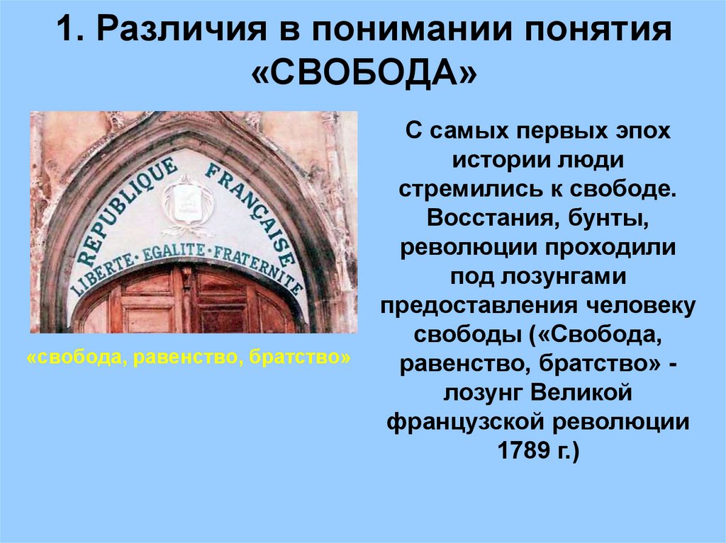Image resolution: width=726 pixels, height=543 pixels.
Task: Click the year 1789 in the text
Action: pos(525,450)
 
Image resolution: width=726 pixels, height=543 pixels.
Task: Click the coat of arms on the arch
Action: pos(186,203)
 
